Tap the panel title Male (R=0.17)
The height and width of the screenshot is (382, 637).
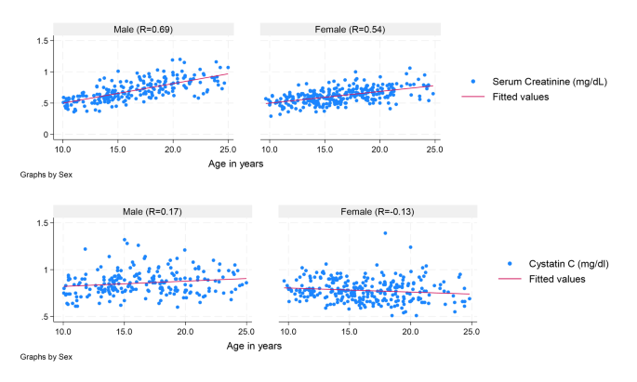pos(154,211)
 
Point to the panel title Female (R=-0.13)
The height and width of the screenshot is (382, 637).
pos(377,211)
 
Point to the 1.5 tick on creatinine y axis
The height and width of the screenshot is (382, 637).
pos(42,40)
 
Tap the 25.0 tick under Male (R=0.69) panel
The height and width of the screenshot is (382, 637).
pos(228,149)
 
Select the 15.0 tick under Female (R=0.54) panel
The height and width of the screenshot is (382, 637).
pos(325,149)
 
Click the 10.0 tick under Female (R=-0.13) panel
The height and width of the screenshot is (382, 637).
pos(288,331)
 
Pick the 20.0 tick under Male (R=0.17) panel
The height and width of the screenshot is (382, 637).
pos(185,331)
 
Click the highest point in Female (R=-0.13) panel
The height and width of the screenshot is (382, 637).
pos(384,233)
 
